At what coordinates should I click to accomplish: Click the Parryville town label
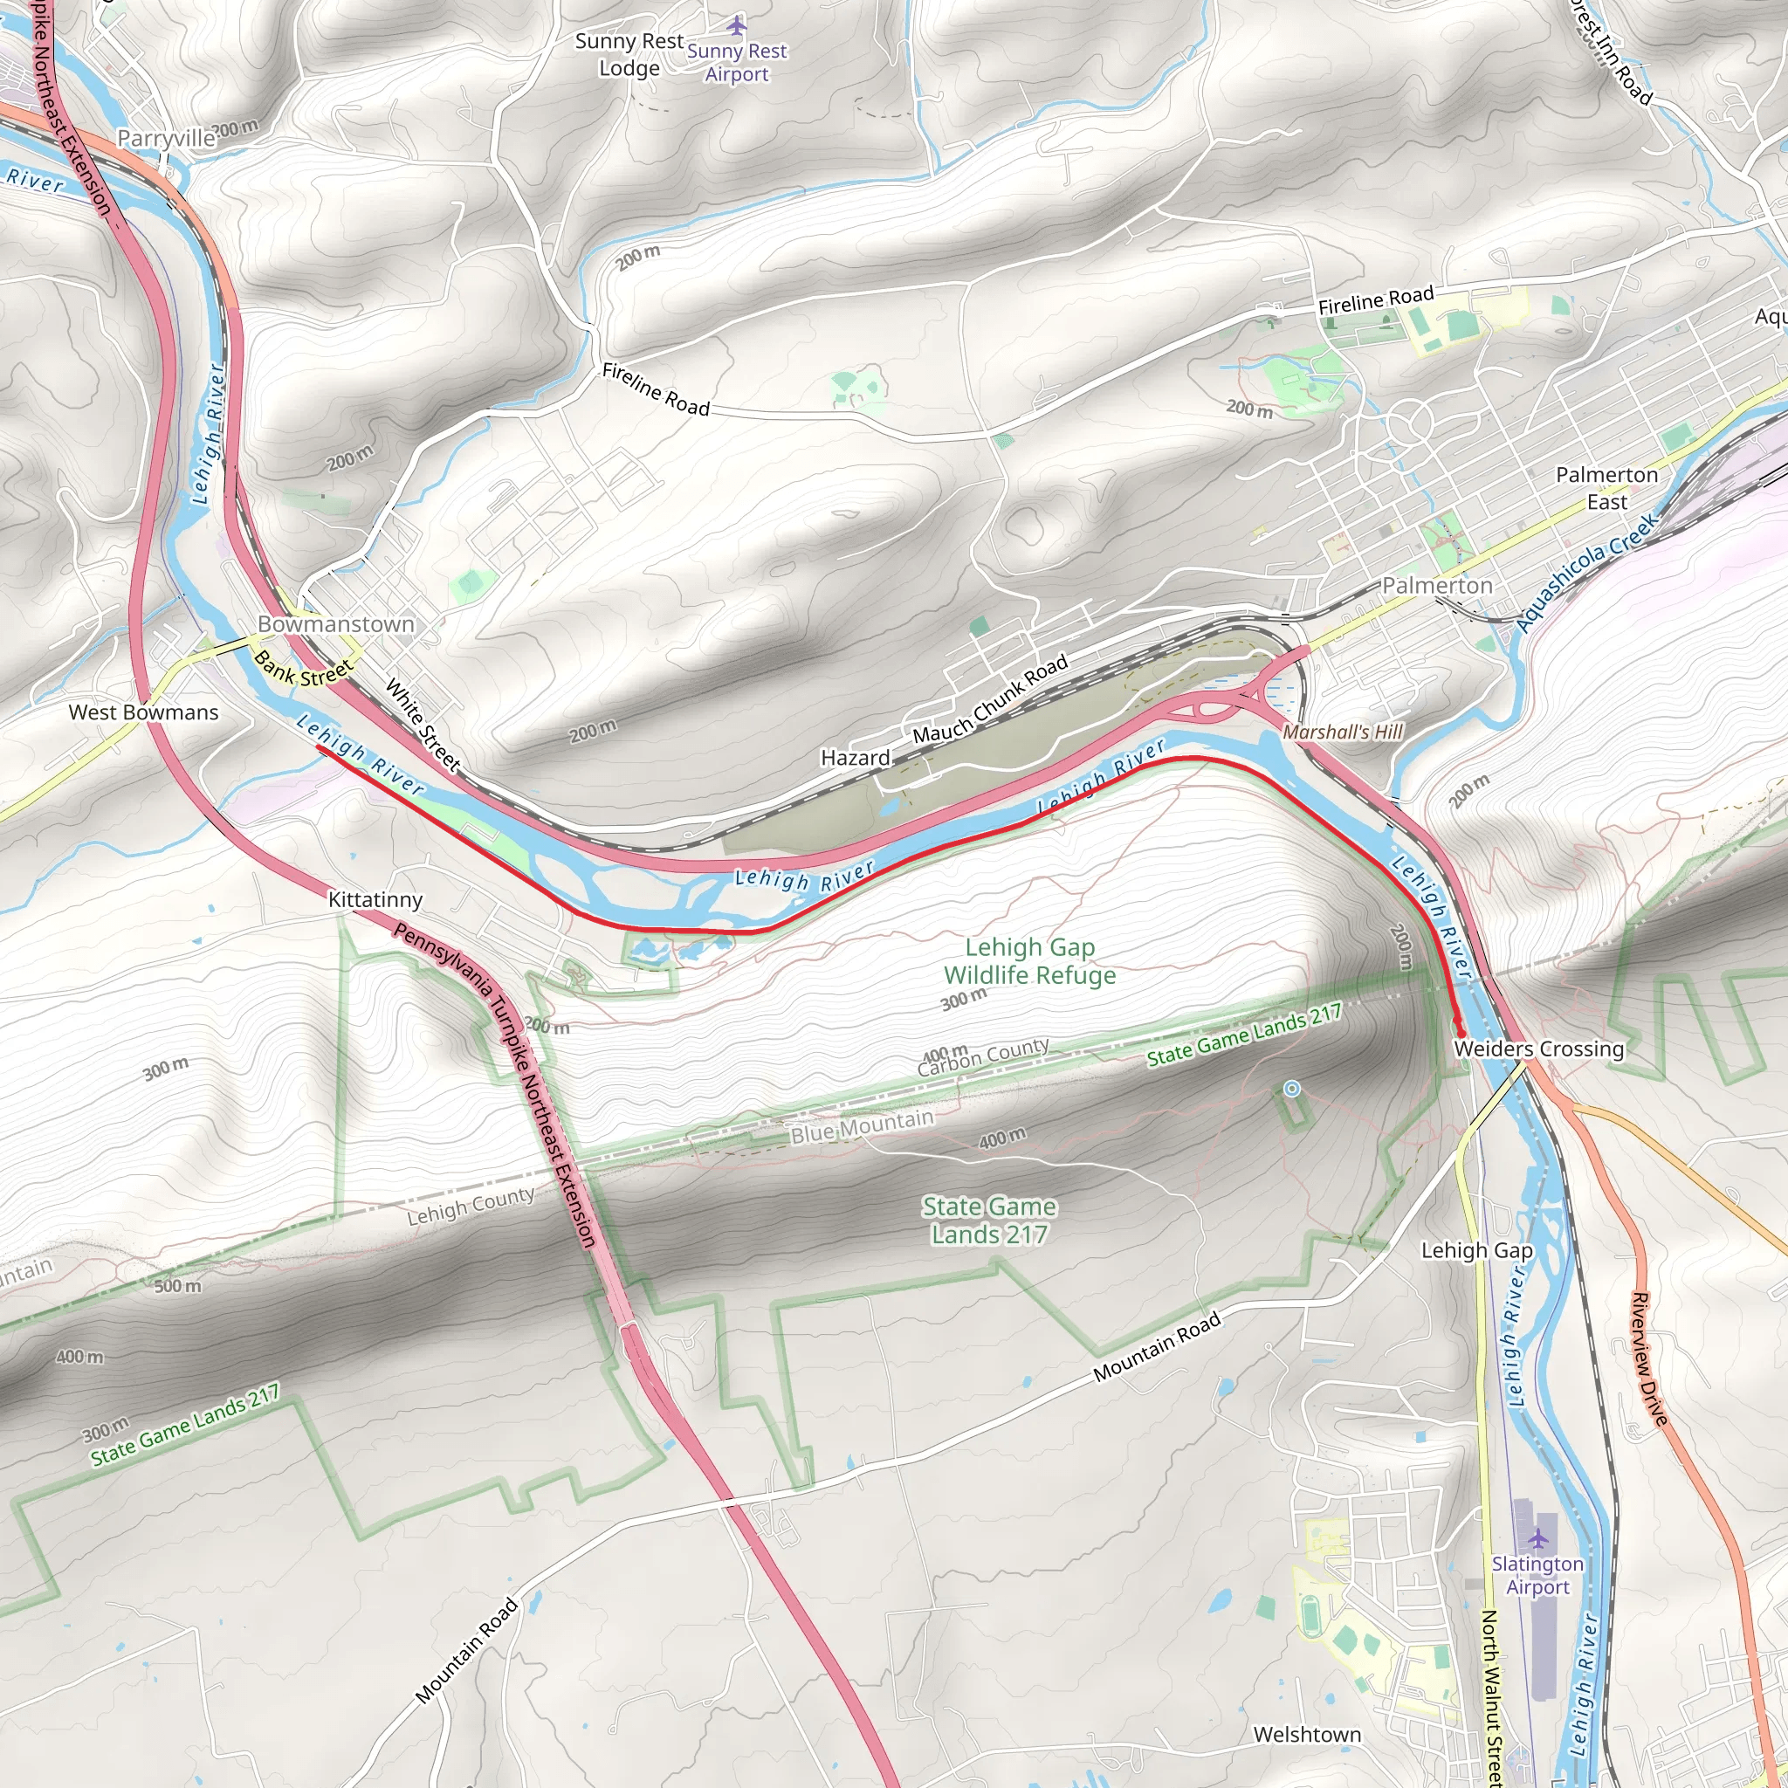[166, 139]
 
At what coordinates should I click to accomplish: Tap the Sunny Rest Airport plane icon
[737, 24]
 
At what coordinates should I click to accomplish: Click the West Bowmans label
[143, 712]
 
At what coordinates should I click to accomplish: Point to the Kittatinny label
[375, 899]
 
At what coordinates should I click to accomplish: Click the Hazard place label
[855, 758]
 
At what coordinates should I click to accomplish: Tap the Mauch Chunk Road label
[990, 699]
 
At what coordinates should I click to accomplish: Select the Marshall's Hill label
[1342, 732]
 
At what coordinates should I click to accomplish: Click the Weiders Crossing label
[1538, 1049]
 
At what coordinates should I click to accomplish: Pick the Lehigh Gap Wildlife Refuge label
[1029, 960]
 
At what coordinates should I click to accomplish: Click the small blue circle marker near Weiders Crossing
[1292, 1089]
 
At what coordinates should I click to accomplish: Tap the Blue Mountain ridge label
[862, 1127]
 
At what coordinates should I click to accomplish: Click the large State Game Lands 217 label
[988, 1220]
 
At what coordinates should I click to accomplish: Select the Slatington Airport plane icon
[1537, 1538]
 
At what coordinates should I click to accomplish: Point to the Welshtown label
[1307, 1735]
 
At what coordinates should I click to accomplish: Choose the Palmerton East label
[1606, 488]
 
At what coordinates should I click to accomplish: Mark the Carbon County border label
[983, 1057]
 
